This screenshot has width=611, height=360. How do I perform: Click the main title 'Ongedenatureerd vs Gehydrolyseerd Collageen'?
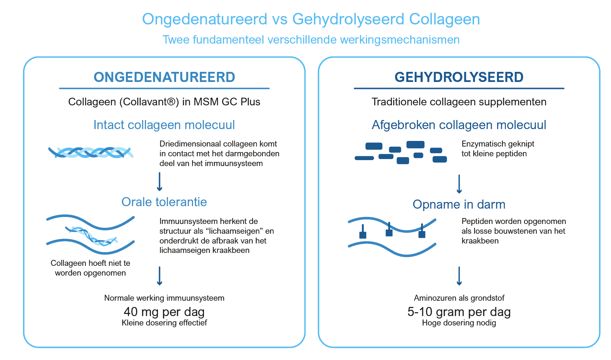click(311, 19)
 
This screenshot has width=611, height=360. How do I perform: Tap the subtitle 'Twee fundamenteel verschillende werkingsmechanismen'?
click(311, 40)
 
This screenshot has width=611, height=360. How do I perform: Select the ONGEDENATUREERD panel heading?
click(164, 77)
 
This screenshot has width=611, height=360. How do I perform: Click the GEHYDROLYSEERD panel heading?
click(459, 77)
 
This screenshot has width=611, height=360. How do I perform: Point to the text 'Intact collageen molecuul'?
click(164, 125)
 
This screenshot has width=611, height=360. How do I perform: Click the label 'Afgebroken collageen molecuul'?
click(459, 125)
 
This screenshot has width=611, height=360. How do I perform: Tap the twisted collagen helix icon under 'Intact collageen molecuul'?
click(91, 152)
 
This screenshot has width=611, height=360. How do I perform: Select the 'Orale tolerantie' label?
click(164, 202)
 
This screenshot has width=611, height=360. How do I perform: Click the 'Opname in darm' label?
click(459, 204)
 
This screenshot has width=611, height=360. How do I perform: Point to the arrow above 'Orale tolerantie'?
click(160, 181)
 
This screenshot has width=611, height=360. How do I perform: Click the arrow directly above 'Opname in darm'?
click(459, 184)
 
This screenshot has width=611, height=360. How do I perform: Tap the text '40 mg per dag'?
click(164, 312)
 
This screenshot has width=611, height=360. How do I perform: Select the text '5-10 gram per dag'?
click(459, 312)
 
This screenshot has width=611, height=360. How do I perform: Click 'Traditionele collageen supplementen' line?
click(459, 102)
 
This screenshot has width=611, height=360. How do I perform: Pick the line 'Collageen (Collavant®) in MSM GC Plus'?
click(164, 102)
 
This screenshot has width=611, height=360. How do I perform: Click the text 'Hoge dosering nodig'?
click(459, 323)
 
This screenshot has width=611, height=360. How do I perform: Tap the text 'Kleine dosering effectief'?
click(164, 323)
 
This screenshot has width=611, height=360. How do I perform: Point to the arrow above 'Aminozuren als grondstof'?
click(459, 276)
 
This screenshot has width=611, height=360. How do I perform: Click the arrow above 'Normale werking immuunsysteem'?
click(160, 276)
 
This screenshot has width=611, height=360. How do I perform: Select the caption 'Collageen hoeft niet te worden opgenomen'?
click(90, 268)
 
